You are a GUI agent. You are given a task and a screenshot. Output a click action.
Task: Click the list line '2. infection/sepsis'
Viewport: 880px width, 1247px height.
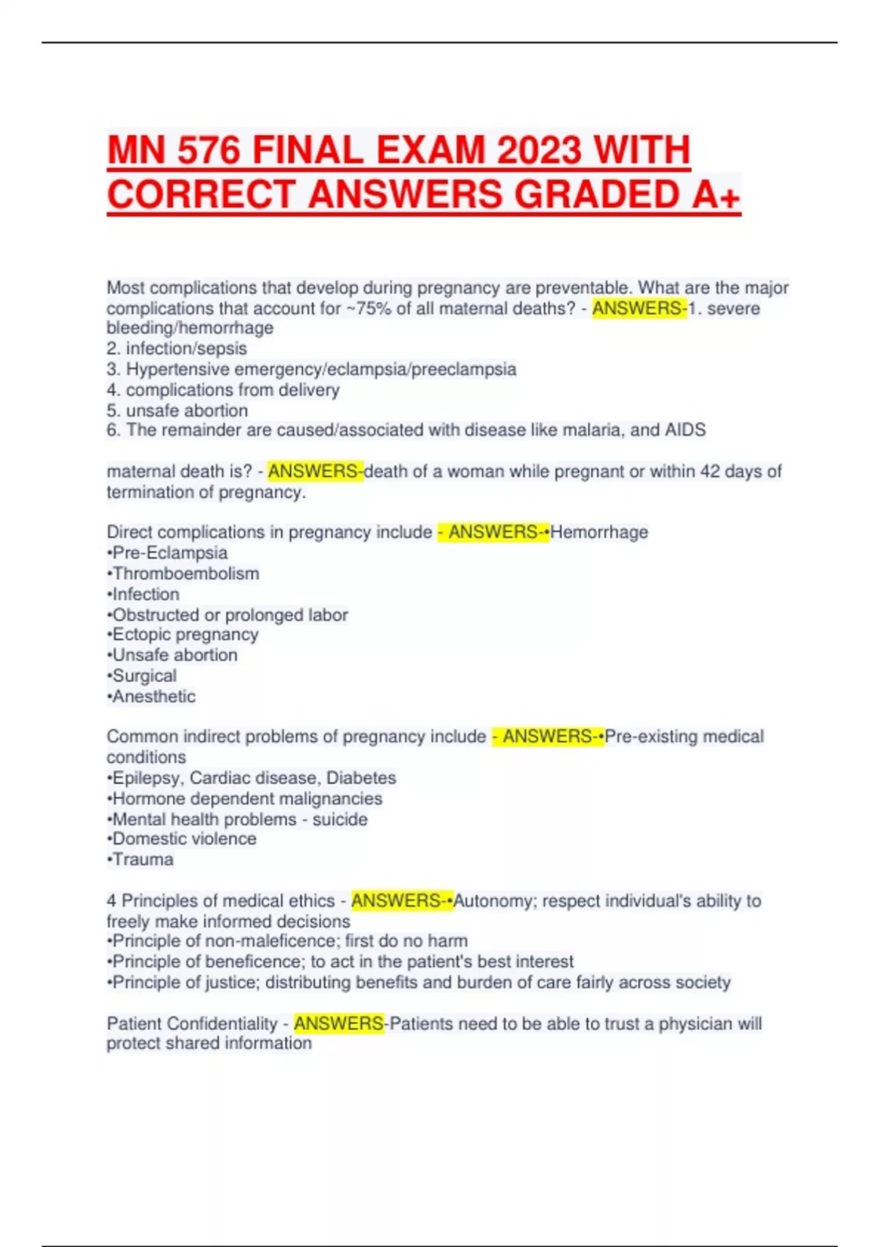click(x=177, y=348)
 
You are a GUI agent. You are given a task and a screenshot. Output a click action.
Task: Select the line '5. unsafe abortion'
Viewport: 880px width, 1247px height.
click(x=177, y=410)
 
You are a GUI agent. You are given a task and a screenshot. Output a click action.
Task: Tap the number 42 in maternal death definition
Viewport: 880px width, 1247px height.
click(x=710, y=471)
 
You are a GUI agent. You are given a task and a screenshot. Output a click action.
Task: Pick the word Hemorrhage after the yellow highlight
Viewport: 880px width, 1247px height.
click(x=599, y=532)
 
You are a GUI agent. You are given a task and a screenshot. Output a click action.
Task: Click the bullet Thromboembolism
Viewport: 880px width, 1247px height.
click(x=185, y=574)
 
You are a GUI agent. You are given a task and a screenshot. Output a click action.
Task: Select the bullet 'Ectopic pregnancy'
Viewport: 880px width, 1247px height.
click(x=184, y=635)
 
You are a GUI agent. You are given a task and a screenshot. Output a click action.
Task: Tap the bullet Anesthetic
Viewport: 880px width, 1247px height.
click(x=153, y=696)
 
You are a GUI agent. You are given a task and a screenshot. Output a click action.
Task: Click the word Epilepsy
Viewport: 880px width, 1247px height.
click(x=147, y=778)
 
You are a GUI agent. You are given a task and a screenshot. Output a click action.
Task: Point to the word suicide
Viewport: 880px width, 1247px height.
click(x=340, y=819)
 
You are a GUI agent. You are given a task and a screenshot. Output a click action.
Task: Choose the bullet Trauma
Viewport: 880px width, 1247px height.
click(x=142, y=860)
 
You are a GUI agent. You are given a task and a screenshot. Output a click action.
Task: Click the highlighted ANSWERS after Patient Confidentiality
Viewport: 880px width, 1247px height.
click(x=339, y=1023)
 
